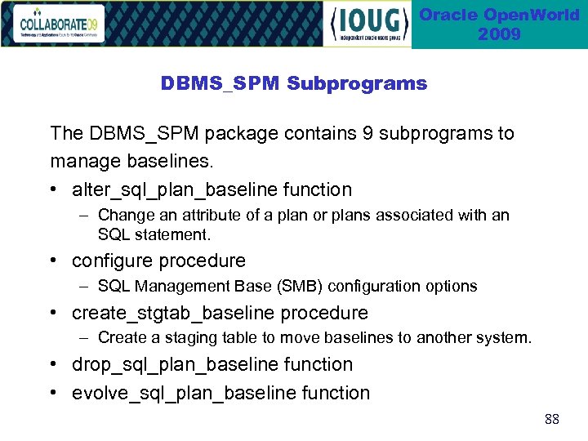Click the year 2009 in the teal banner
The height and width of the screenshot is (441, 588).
pyautogui.click(x=499, y=34)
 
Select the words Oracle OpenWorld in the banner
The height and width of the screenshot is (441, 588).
pyautogui.click(x=499, y=15)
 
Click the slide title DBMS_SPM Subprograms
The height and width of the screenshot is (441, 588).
pyautogui.click(x=293, y=83)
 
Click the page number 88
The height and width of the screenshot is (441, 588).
pyautogui.click(x=552, y=420)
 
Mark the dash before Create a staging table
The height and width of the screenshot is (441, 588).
pyautogui.click(x=84, y=337)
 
